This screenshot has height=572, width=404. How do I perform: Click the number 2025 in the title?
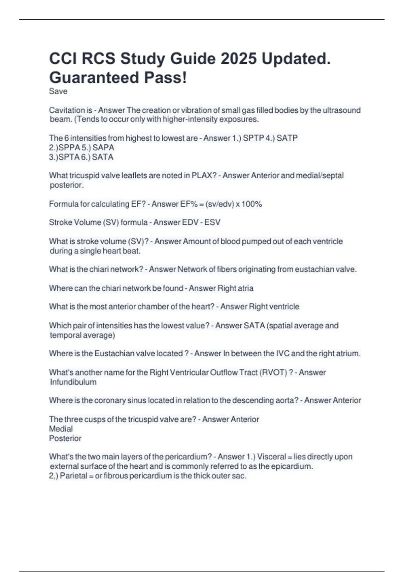pos(238,59)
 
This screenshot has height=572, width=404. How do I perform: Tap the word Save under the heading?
pos(58,91)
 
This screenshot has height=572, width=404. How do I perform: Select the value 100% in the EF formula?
pos(252,204)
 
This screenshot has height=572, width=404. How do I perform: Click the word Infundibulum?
pos(73,382)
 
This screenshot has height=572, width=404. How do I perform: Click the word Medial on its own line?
pos(61,429)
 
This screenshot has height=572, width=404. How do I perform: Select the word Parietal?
pos(74,476)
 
